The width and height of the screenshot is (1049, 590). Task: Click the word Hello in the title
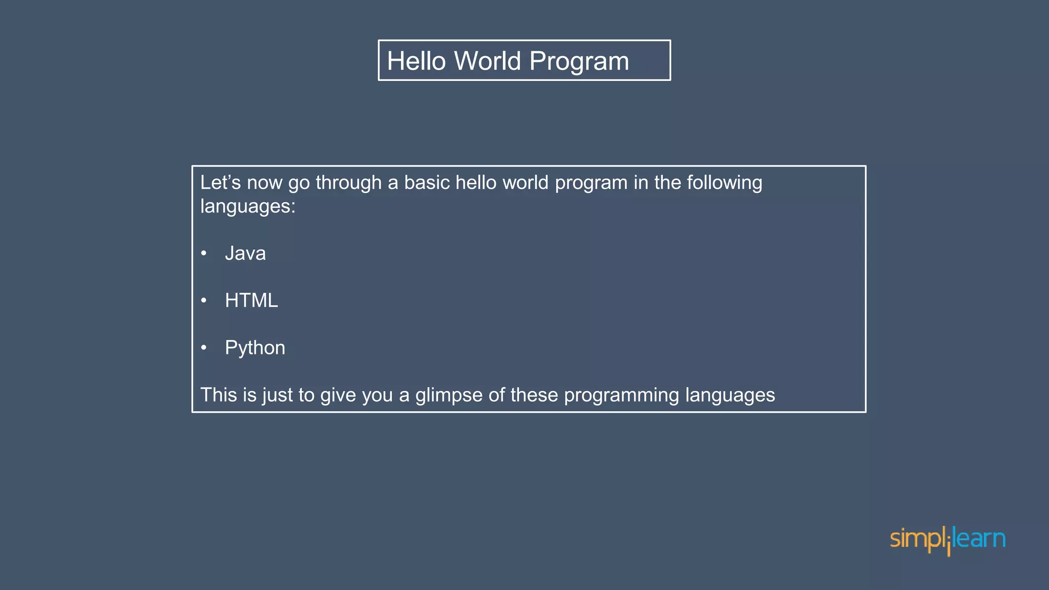[x=416, y=61]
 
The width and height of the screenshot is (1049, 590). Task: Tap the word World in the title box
[x=488, y=61]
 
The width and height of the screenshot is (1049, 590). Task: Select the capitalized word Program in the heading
[x=579, y=61]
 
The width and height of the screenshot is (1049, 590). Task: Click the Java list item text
[x=245, y=254]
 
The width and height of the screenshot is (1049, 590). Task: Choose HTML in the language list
[x=251, y=301]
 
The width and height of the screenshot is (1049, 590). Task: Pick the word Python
[x=255, y=348]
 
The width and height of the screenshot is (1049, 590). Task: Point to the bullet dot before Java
[x=204, y=253]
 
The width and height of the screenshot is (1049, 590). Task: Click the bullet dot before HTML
[x=204, y=300]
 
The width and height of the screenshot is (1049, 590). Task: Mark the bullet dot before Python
[x=204, y=348]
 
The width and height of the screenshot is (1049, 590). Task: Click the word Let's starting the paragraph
[x=220, y=183]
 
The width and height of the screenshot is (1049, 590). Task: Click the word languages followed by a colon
[x=247, y=207]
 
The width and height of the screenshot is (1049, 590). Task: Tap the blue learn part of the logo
[x=979, y=539]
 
